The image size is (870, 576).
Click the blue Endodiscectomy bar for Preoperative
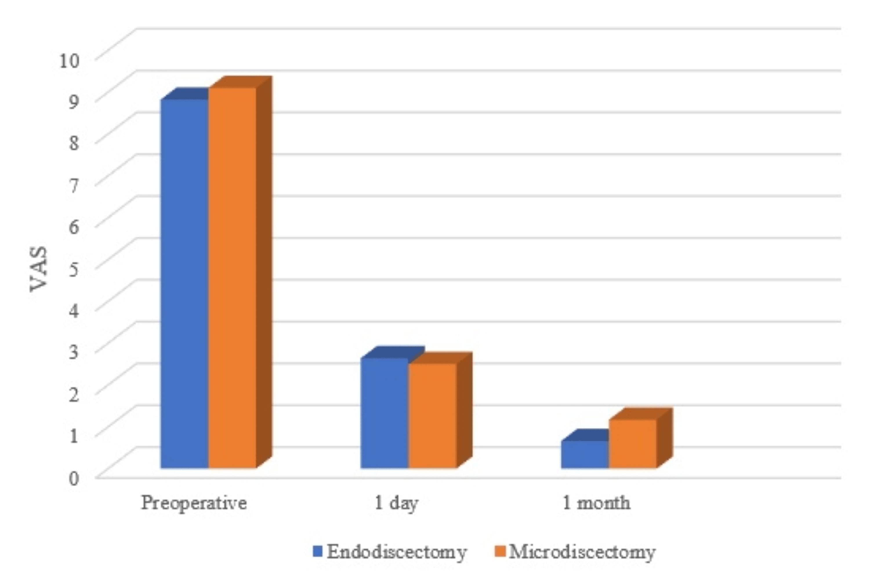coord(184,283)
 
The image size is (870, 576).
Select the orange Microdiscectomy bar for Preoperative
coord(232,277)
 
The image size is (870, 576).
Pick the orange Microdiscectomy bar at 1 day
coord(432,416)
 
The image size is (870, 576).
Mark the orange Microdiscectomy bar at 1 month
coord(632,443)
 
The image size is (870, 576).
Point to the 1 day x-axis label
coord(396,503)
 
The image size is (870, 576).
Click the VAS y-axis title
coord(39,269)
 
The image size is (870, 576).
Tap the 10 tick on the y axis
coord(69,60)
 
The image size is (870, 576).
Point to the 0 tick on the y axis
coord(74,478)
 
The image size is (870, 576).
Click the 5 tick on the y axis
coord(74,269)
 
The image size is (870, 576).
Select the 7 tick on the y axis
coord(74,186)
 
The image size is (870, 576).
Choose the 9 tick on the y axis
coord(74,102)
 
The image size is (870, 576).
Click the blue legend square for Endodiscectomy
coord(317,551)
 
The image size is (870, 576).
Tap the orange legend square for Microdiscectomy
coord(500,551)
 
